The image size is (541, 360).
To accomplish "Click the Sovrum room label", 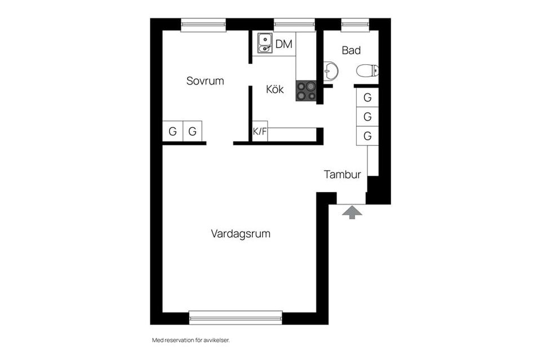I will point(205,81).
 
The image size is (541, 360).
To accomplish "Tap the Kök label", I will point(275,89).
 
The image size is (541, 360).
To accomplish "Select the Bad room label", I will point(351,51).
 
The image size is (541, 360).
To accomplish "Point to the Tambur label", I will point(342,175).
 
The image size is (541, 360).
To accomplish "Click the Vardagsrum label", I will point(241,233).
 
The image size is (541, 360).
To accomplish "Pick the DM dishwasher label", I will point(284,44).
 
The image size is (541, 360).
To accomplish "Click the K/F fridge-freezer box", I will point(260,132).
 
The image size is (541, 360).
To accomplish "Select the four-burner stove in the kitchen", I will point(306,91).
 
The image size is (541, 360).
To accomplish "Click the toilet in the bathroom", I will point(367,71).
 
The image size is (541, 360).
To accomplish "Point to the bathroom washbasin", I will point(331,72).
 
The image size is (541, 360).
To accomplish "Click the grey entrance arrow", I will point(352,212).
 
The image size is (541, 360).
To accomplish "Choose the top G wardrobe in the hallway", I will point(367,97).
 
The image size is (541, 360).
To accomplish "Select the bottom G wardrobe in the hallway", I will point(367,136).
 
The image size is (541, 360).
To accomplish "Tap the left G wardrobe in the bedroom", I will point(172,132).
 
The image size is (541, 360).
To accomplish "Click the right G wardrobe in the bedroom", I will point(192,132).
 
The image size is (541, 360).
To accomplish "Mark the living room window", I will point(236,318).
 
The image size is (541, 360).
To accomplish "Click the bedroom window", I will point(203,24).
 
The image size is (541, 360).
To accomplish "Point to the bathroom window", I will point(355,24).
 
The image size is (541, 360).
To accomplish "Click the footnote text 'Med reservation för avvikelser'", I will point(191,340).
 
